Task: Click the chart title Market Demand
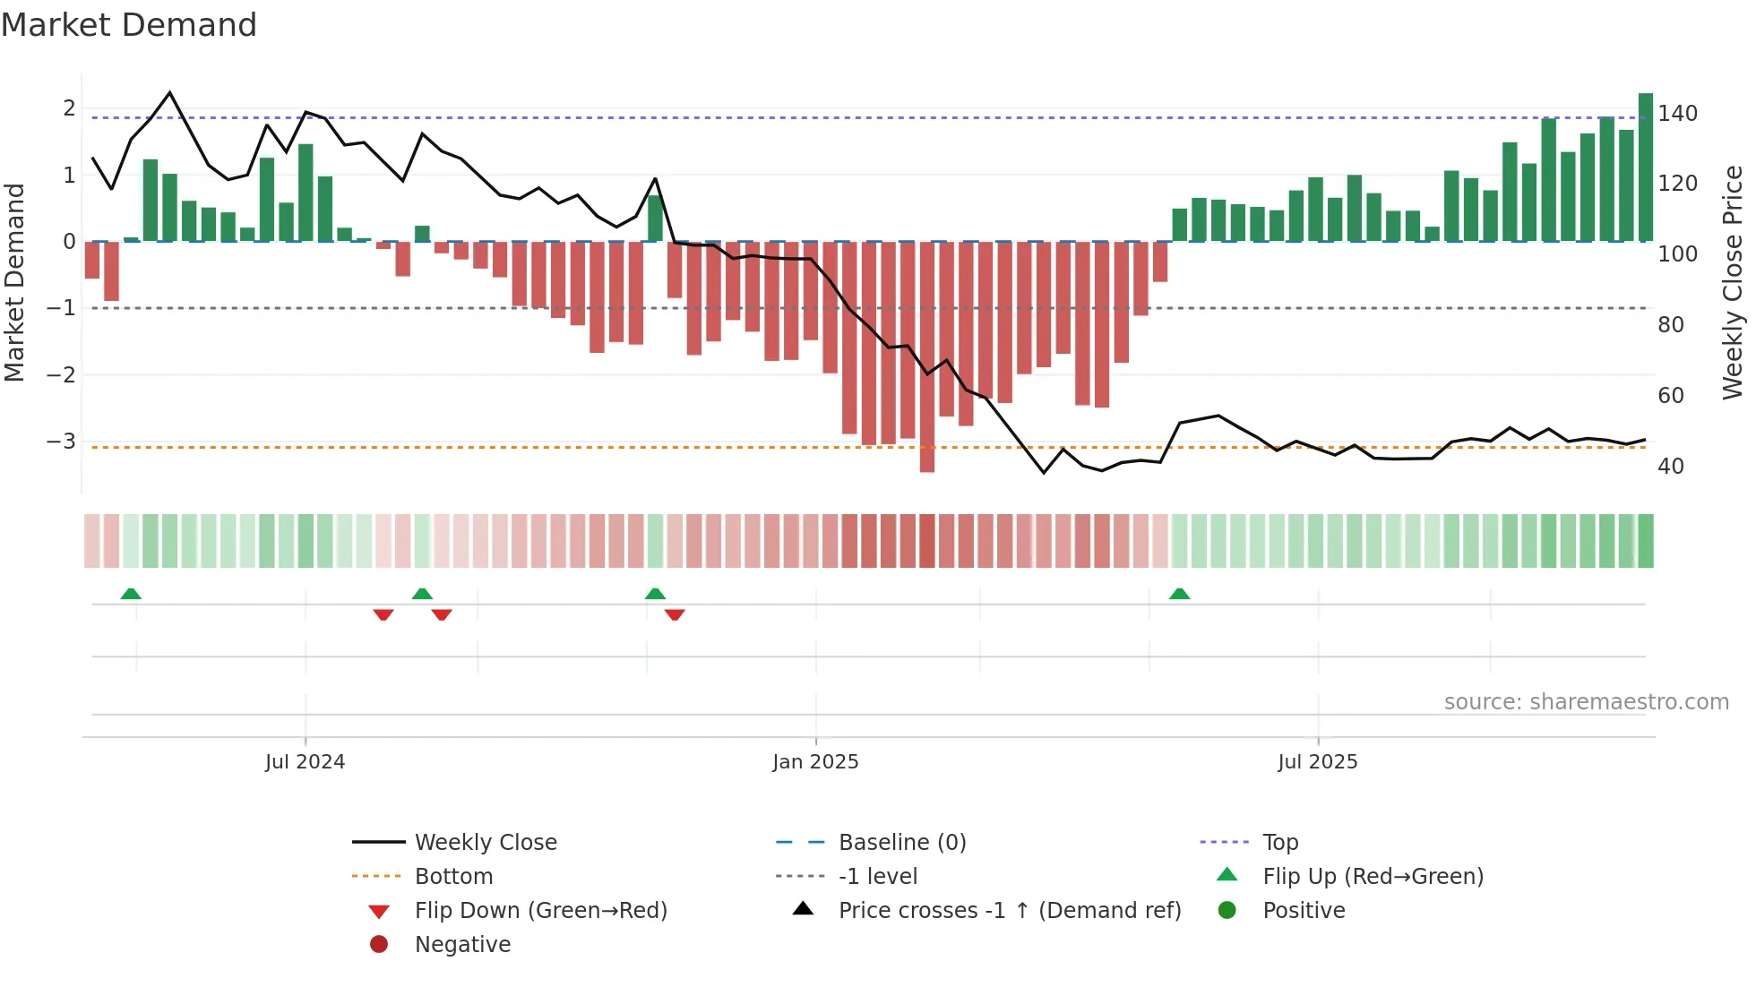(x=129, y=25)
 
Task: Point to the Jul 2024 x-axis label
(x=305, y=762)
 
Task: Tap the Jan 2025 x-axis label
(x=815, y=762)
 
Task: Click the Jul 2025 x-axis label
(x=1317, y=762)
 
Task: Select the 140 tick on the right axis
(x=1677, y=114)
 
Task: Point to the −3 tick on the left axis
(x=61, y=442)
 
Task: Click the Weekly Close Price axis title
(x=1733, y=282)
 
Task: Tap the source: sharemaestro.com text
(x=1586, y=702)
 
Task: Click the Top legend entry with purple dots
(x=1279, y=843)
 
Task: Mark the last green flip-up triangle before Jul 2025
(x=1179, y=594)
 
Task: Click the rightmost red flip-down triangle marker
(x=675, y=614)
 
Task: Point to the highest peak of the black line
(x=170, y=93)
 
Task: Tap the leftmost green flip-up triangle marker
(x=131, y=594)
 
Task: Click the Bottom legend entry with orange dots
(x=453, y=877)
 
